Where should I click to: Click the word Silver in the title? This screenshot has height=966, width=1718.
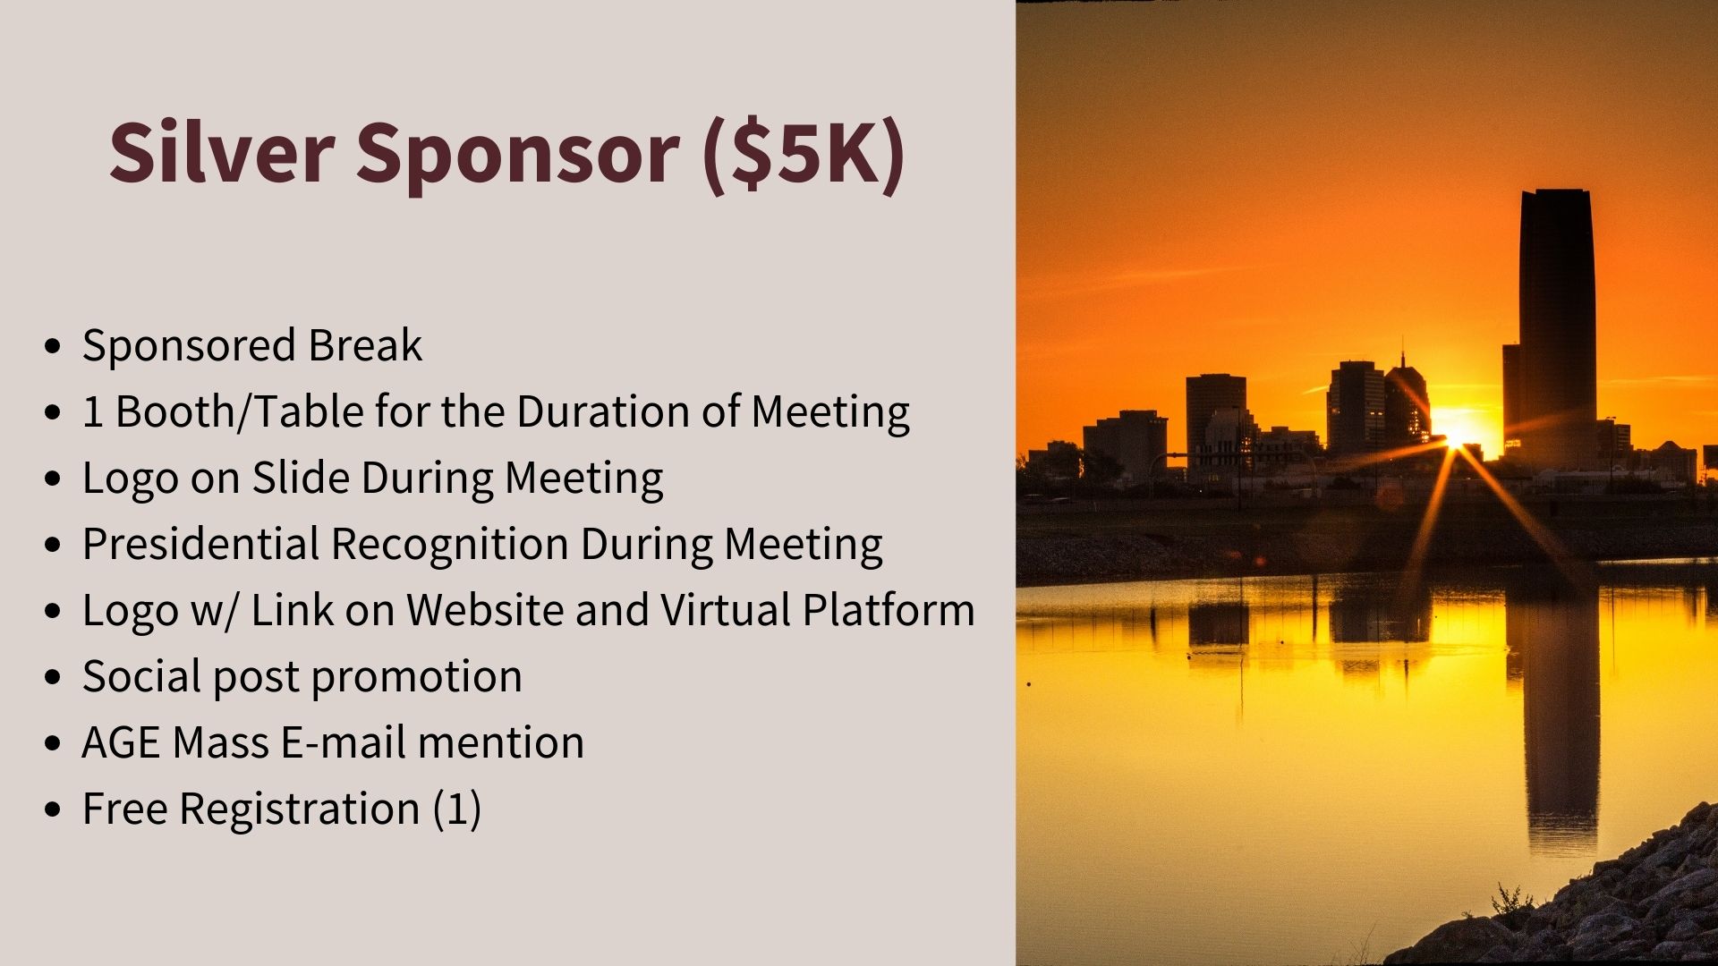(222, 152)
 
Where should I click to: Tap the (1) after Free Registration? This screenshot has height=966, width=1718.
(457, 809)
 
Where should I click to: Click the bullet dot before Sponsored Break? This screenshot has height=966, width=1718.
(53, 346)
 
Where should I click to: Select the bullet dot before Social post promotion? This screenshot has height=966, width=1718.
(53, 677)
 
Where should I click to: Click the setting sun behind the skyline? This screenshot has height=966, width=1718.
(1457, 436)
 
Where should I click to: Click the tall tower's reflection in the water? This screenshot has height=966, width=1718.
(1561, 707)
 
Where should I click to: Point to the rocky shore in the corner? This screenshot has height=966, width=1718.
(1602, 903)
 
